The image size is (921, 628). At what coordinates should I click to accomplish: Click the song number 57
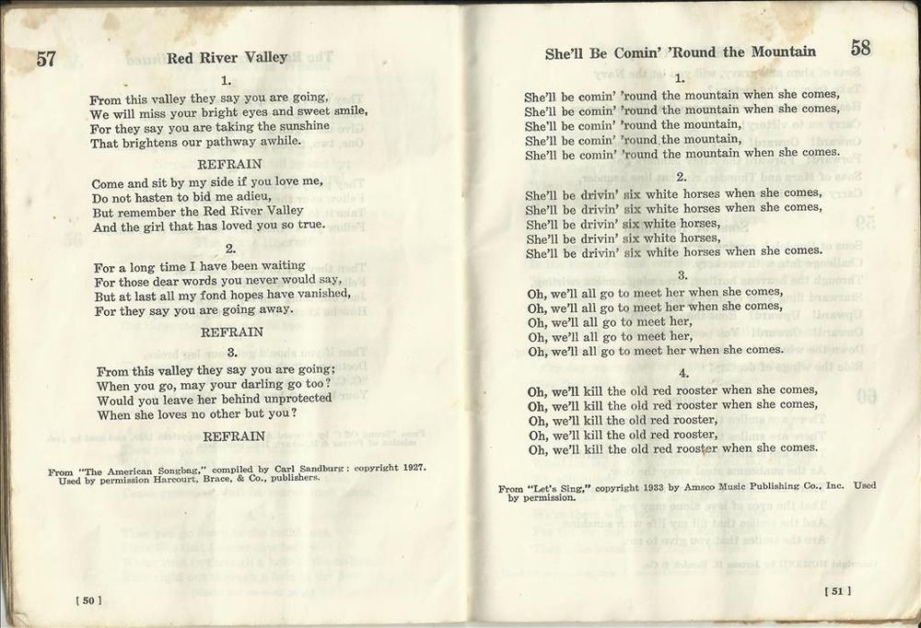click(46, 60)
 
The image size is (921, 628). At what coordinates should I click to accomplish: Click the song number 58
click(860, 49)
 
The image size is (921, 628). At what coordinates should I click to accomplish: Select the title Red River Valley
click(227, 58)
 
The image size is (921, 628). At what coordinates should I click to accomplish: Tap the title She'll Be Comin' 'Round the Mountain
click(680, 53)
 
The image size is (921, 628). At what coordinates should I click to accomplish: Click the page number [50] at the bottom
click(88, 600)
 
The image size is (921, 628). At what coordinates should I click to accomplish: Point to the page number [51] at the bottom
click(837, 590)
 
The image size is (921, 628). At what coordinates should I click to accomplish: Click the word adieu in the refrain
click(251, 197)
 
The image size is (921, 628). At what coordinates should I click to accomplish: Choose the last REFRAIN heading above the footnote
click(234, 436)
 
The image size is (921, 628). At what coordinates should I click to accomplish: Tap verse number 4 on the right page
click(682, 373)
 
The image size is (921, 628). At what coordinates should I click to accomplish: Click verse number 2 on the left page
click(230, 249)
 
